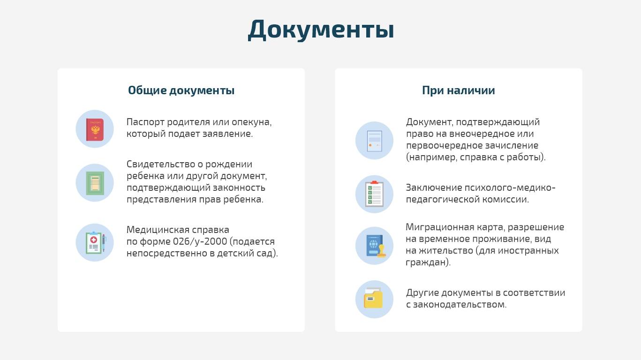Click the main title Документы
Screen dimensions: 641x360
click(321, 30)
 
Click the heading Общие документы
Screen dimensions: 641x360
click(181, 90)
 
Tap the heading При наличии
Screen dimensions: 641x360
click(459, 90)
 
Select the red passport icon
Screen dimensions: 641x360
click(95, 129)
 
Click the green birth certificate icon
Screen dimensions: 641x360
click(95, 183)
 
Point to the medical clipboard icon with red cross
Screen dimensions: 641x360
click(95, 243)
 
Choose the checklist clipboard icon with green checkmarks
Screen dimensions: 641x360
click(374, 194)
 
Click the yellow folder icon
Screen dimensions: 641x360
click(373, 298)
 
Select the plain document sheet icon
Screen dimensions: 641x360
click(375, 141)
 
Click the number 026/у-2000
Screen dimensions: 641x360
click(200, 241)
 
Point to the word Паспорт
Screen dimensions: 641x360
click(145, 122)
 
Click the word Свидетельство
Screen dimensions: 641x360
click(161, 164)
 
